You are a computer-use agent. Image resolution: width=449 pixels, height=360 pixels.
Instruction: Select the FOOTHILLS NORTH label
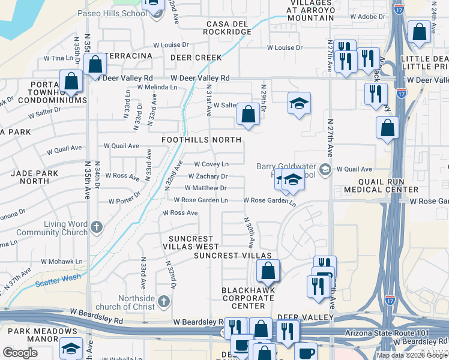202,140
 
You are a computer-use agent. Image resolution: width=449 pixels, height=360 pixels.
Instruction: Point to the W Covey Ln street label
211,164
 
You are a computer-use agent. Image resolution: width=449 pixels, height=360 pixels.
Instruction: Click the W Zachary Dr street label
208,176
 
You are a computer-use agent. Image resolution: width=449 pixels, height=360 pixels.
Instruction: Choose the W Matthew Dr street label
205,188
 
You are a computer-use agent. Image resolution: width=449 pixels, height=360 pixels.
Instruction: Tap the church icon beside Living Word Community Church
98,227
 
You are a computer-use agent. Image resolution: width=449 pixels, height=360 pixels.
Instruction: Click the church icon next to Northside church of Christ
164,299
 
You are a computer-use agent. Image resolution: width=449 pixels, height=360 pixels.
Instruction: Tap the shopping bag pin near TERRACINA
95,64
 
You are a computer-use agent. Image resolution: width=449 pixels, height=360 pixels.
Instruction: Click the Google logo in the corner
20,353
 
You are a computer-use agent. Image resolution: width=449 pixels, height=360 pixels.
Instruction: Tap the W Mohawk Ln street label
62,262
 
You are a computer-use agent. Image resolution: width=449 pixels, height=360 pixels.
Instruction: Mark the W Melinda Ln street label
157,87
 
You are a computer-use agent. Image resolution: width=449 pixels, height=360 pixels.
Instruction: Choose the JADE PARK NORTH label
30,176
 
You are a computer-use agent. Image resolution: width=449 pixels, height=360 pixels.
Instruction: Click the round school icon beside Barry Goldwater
325,169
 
